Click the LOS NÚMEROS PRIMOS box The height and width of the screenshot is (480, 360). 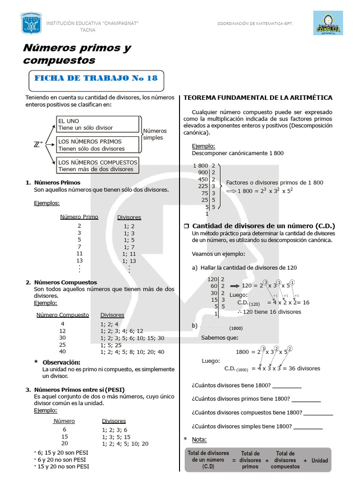[98, 145]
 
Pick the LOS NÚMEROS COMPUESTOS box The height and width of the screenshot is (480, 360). [98, 165]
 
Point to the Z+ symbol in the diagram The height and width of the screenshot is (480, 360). [38, 145]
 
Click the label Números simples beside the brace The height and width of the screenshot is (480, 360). [154, 134]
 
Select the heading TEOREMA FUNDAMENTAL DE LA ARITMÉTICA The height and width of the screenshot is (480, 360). [258, 97]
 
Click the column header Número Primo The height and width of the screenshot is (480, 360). [79, 217]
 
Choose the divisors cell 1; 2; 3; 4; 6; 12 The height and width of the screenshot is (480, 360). [121, 331]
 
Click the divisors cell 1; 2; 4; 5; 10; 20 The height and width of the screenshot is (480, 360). [125, 443]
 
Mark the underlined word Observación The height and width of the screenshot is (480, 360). [61, 362]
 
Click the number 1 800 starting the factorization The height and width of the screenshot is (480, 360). [200, 165]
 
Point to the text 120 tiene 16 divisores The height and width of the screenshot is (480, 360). [272, 312]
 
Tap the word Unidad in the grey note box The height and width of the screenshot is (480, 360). [320, 461]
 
